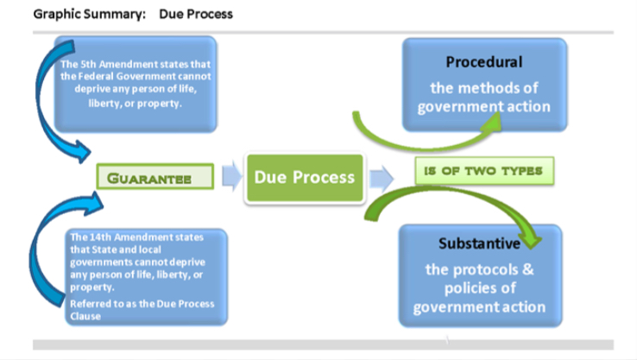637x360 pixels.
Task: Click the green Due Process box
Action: (x=304, y=178)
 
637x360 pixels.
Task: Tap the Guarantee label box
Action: (x=155, y=178)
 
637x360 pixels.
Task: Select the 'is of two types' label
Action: (x=483, y=171)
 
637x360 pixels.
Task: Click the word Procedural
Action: (x=484, y=62)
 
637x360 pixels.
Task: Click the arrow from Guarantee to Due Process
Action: (x=230, y=177)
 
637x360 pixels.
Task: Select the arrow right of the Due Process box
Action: (x=381, y=178)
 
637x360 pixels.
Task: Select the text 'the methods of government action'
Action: (x=484, y=98)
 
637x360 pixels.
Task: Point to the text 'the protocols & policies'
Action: (x=479, y=278)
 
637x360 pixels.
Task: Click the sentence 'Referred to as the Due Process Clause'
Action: (x=142, y=309)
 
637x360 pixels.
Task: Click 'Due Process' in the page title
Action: (x=196, y=15)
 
